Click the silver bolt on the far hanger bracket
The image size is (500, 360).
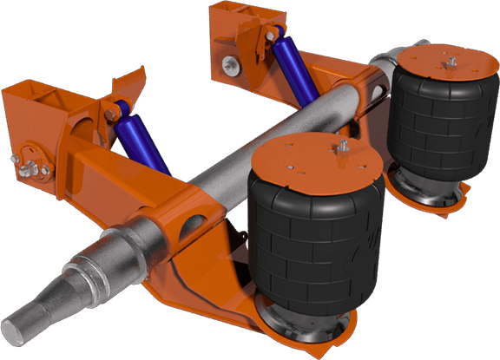228,62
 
